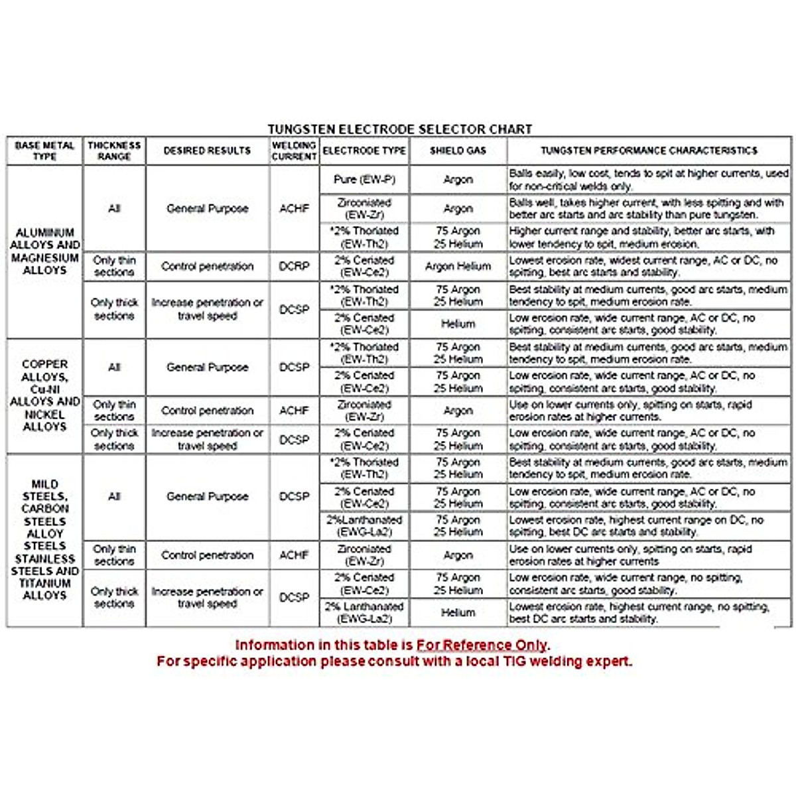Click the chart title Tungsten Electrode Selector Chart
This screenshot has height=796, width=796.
pos(399,129)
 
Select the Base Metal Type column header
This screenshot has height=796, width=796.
pos(44,151)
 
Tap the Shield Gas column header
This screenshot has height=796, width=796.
pos(458,151)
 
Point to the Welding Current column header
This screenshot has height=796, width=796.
pos(294,151)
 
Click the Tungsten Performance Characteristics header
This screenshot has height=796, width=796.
pos(649,151)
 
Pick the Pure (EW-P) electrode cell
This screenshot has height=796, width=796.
pos(364,179)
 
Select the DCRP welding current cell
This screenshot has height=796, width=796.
pos(294,266)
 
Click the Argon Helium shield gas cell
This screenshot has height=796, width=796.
pos(458,266)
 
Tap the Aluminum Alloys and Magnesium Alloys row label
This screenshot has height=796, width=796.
pos(44,251)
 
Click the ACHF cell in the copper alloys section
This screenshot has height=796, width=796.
pos(294,411)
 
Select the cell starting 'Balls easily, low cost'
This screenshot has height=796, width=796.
pos(648,179)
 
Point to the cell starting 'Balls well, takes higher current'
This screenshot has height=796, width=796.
pos(648,208)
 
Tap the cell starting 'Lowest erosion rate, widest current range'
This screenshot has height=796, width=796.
pos(648,266)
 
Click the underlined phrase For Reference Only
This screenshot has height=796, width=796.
pos(482,645)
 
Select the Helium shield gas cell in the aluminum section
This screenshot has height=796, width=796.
pos(458,324)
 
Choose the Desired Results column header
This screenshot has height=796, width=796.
pos(207,151)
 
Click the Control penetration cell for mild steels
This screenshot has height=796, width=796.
pos(207,555)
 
